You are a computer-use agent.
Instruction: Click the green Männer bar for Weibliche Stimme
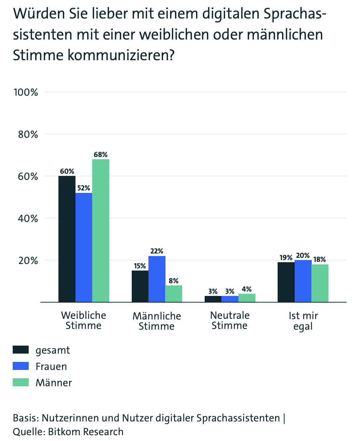pyautogui.click(x=101, y=230)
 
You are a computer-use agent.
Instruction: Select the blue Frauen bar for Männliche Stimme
pyautogui.click(x=157, y=279)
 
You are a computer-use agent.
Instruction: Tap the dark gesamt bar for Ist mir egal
pyautogui.click(x=286, y=282)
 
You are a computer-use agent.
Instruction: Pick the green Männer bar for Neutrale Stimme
pyautogui.click(x=247, y=298)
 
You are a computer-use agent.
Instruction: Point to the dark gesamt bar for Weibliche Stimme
pyautogui.click(x=67, y=239)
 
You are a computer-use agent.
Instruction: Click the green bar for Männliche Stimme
pyautogui.click(x=173, y=294)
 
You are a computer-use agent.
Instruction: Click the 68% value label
pyautogui.click(x=101, y=154)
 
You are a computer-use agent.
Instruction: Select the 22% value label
pyautogui.click(x=157, y=251)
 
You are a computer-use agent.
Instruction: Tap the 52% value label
pyautogui.click(x=83, y=188)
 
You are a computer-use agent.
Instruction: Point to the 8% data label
pyautogui.click(x=173, y=281)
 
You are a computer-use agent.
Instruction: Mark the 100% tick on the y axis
pyautogui.click(x=26, y=92)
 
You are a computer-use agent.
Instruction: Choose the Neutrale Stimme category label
pyautogui.click(x=229, y=321)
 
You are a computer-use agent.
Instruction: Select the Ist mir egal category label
pyautogui.click(x=303, y=321)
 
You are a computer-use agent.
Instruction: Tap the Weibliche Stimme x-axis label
pyautogui.click(x=83, y=321)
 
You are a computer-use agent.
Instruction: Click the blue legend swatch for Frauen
pyautogui.click(x=21, y=366)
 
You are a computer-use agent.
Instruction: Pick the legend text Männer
pyautogui.click(x=54, y=383)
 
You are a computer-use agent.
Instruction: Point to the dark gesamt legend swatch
pyautogui.click(x=21, y=350)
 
